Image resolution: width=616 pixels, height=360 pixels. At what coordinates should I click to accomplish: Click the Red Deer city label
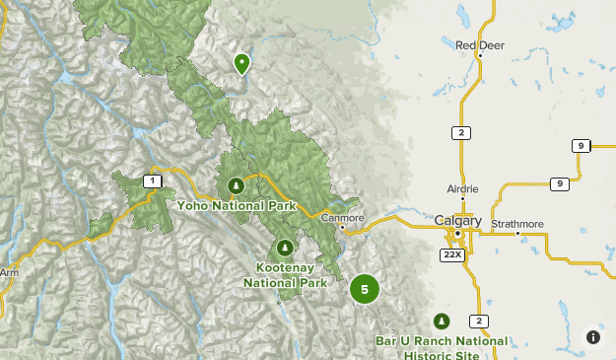pyautogui.click(x=479, y=44)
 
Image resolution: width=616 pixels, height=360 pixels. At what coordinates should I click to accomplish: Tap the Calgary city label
pyautogui.click(x=458, y=221)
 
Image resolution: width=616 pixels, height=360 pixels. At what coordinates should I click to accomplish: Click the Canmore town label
pyautogui.click(x=342, y=218)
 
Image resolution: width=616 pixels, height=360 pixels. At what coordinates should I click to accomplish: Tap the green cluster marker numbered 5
pyautogui.click(x=365, y=289)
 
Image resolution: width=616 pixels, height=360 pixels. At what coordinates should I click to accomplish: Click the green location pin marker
pyautogui.click(x=240, y=64)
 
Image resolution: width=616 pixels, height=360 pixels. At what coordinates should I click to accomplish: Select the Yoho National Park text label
pyautogui.click(x=237, y=206)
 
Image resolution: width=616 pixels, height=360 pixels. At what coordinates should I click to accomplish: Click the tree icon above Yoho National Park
pyautogui.click(x=236, y=184)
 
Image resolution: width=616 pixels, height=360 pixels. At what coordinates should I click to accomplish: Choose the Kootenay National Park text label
pyautogui.click(x=285, y=275)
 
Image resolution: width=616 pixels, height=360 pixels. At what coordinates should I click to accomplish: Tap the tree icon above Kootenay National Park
pyautogui.click(x=285, y=248)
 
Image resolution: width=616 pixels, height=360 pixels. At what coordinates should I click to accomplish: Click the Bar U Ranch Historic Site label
pyautogui.click(x=442, y=347)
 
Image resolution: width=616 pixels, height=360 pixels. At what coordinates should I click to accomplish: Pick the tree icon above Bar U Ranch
pyautogui.click(x=442, y=321)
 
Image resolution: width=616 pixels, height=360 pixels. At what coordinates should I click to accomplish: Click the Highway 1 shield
pyautogui.click(x=151, y=180)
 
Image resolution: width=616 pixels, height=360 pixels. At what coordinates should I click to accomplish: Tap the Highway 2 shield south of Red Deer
pyautogui.click(x=460, y=132)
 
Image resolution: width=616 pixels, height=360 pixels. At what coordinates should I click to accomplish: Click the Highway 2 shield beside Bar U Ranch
pyautogui.click(x=478, y=321)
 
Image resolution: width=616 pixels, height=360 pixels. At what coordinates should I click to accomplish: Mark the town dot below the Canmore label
pyautogui.click(x=342, y=228)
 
